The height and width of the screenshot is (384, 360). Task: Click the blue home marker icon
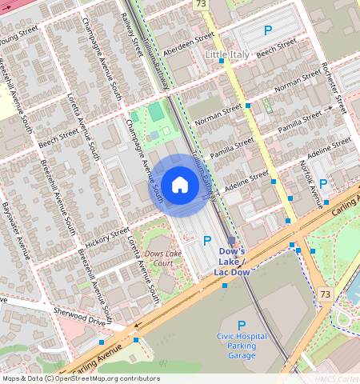click(x=180, y=186)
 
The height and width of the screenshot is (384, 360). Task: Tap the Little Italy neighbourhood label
click(x=228, y=54)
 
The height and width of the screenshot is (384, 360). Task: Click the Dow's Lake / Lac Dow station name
click(x=232, y=262)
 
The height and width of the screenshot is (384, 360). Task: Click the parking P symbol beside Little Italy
click(x=268, y=30)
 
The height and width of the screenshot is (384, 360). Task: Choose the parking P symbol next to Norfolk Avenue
click(x=323, y=184)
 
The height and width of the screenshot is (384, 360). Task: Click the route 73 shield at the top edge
click(x=200, y=4)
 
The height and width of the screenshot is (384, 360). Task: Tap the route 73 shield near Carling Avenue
click(x=324, y=295)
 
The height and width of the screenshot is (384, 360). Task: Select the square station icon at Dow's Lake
click(x=231, y=240)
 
